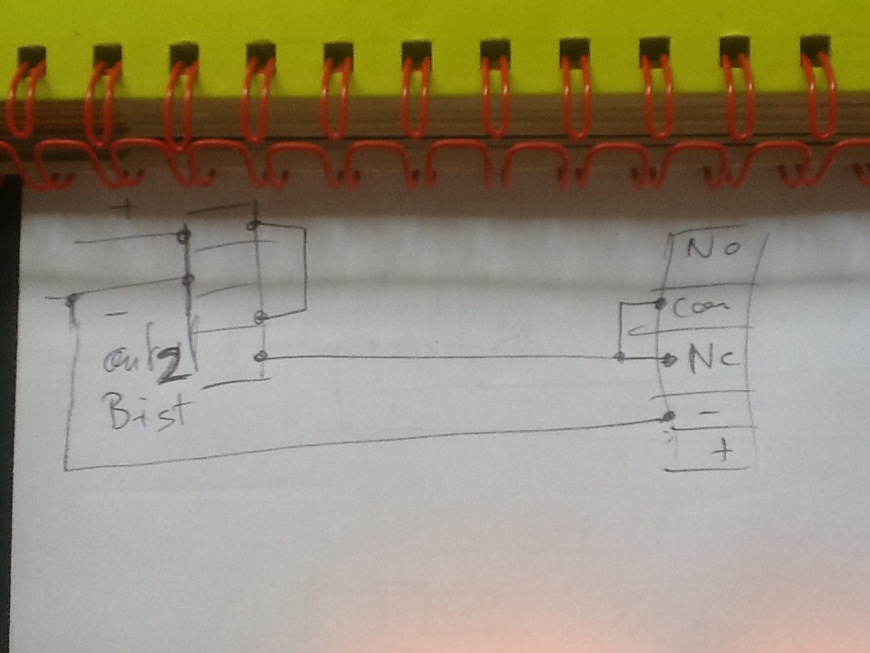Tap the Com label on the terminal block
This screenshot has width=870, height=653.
pos(701,308)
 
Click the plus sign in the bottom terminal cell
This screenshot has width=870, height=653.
pos(722,451)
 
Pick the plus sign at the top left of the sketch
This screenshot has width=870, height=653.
pos(128,209)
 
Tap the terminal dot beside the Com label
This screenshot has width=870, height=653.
pos(661,303)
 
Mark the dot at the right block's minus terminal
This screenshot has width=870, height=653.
pos(668,416)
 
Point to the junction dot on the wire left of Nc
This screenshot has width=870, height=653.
pos(620,357)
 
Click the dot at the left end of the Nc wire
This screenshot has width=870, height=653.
pos(261,357)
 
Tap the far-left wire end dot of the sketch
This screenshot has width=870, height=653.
pos(70,297)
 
